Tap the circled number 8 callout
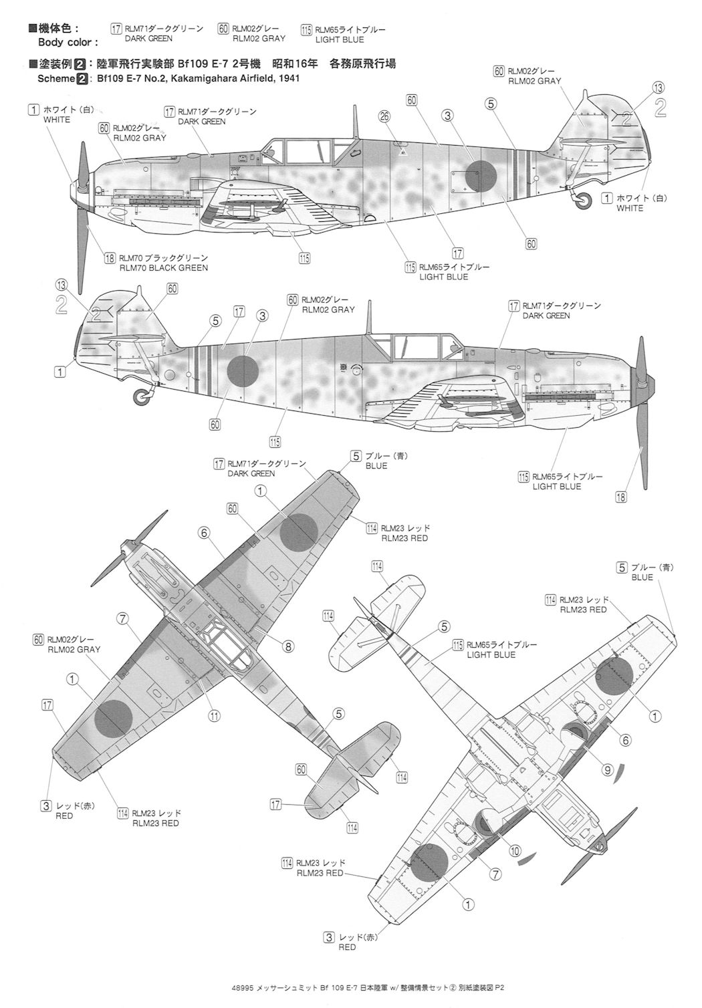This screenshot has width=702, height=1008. [x=288, y=646]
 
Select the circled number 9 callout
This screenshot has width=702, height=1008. [x=608, y=770]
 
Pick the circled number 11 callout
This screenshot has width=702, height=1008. [x=214, y=715]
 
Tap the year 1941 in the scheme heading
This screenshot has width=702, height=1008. [x=285, y=78]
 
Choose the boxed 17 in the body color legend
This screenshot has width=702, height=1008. [x=116, y=29]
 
